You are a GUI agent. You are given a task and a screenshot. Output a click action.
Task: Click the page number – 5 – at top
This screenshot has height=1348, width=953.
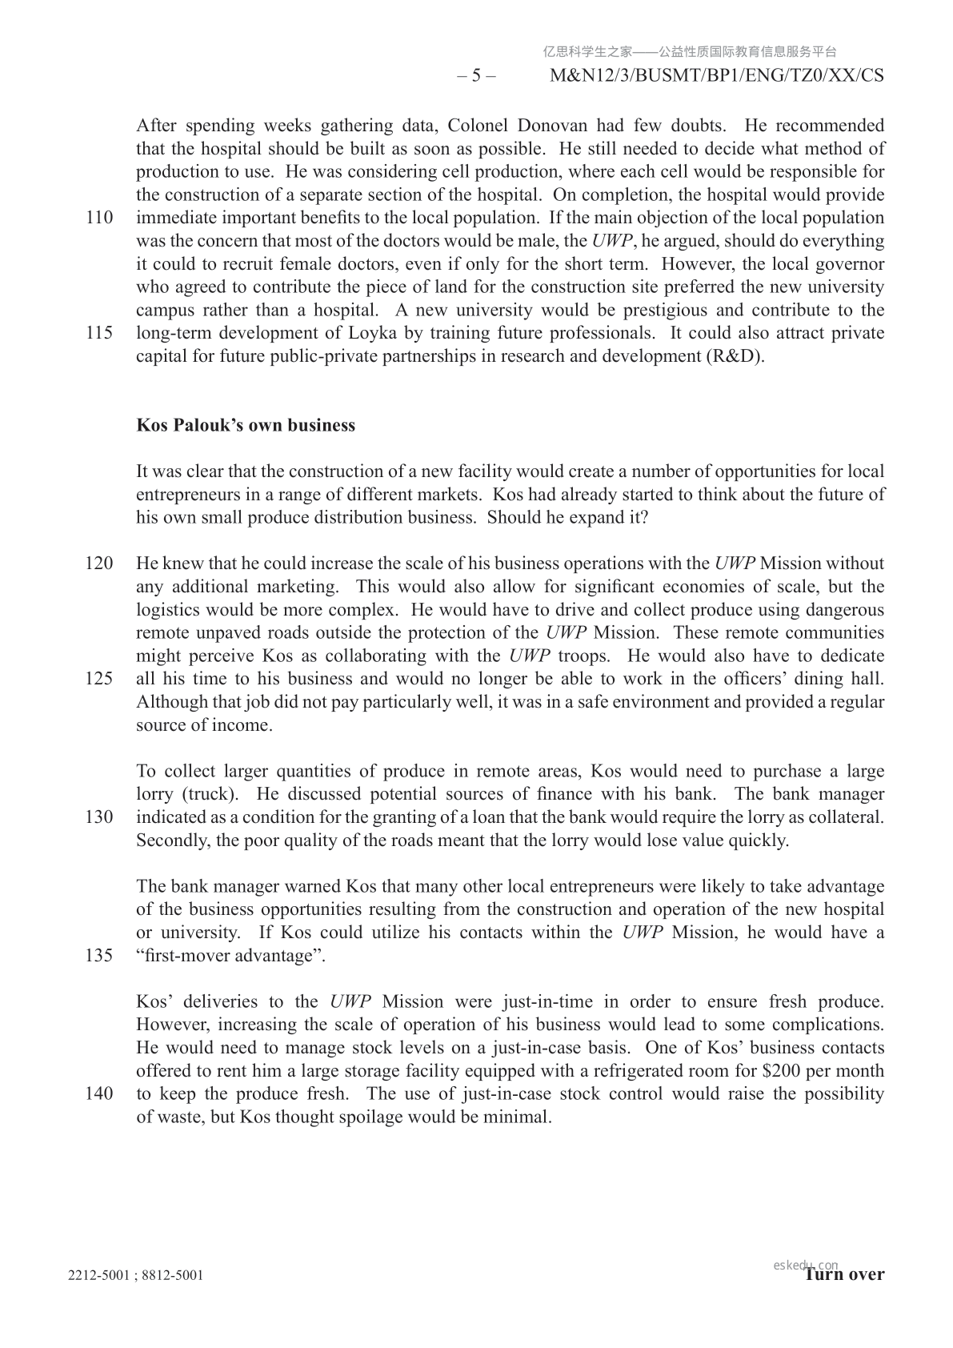[x=476, y=76]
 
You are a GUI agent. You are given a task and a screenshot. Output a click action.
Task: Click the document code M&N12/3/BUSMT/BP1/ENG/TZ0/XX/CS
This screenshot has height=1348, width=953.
[x=718, y=76]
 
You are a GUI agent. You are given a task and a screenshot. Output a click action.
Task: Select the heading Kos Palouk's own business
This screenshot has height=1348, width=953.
[x=246, y=425]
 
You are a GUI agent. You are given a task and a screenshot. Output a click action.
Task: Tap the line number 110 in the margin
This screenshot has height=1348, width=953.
[x=98, y=218]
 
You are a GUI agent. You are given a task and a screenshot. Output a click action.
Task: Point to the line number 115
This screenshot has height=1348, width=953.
[x=98, y=333]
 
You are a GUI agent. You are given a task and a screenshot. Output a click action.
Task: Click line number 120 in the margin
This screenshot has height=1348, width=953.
[x=98, y=564]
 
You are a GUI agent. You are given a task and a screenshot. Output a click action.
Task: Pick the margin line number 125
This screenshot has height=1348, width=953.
[x=98, y=679]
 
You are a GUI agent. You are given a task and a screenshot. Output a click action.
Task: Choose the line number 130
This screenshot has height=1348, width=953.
[x=98, y=817]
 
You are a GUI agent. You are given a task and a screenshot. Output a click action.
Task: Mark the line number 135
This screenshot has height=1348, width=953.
[x=98, y=956]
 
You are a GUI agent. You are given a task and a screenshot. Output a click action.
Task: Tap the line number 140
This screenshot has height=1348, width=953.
[x=98, y=1094]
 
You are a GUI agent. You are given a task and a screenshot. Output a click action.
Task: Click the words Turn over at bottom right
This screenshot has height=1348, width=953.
[x=845, y=1274]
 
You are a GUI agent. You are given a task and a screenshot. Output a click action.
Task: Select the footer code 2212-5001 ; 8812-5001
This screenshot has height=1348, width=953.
[x=135, y=1275]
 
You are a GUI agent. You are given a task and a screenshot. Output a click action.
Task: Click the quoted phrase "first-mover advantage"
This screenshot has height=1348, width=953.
[x=230, y=956]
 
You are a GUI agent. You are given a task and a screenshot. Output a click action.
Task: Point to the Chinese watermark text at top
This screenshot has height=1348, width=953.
[x=690, y=52]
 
